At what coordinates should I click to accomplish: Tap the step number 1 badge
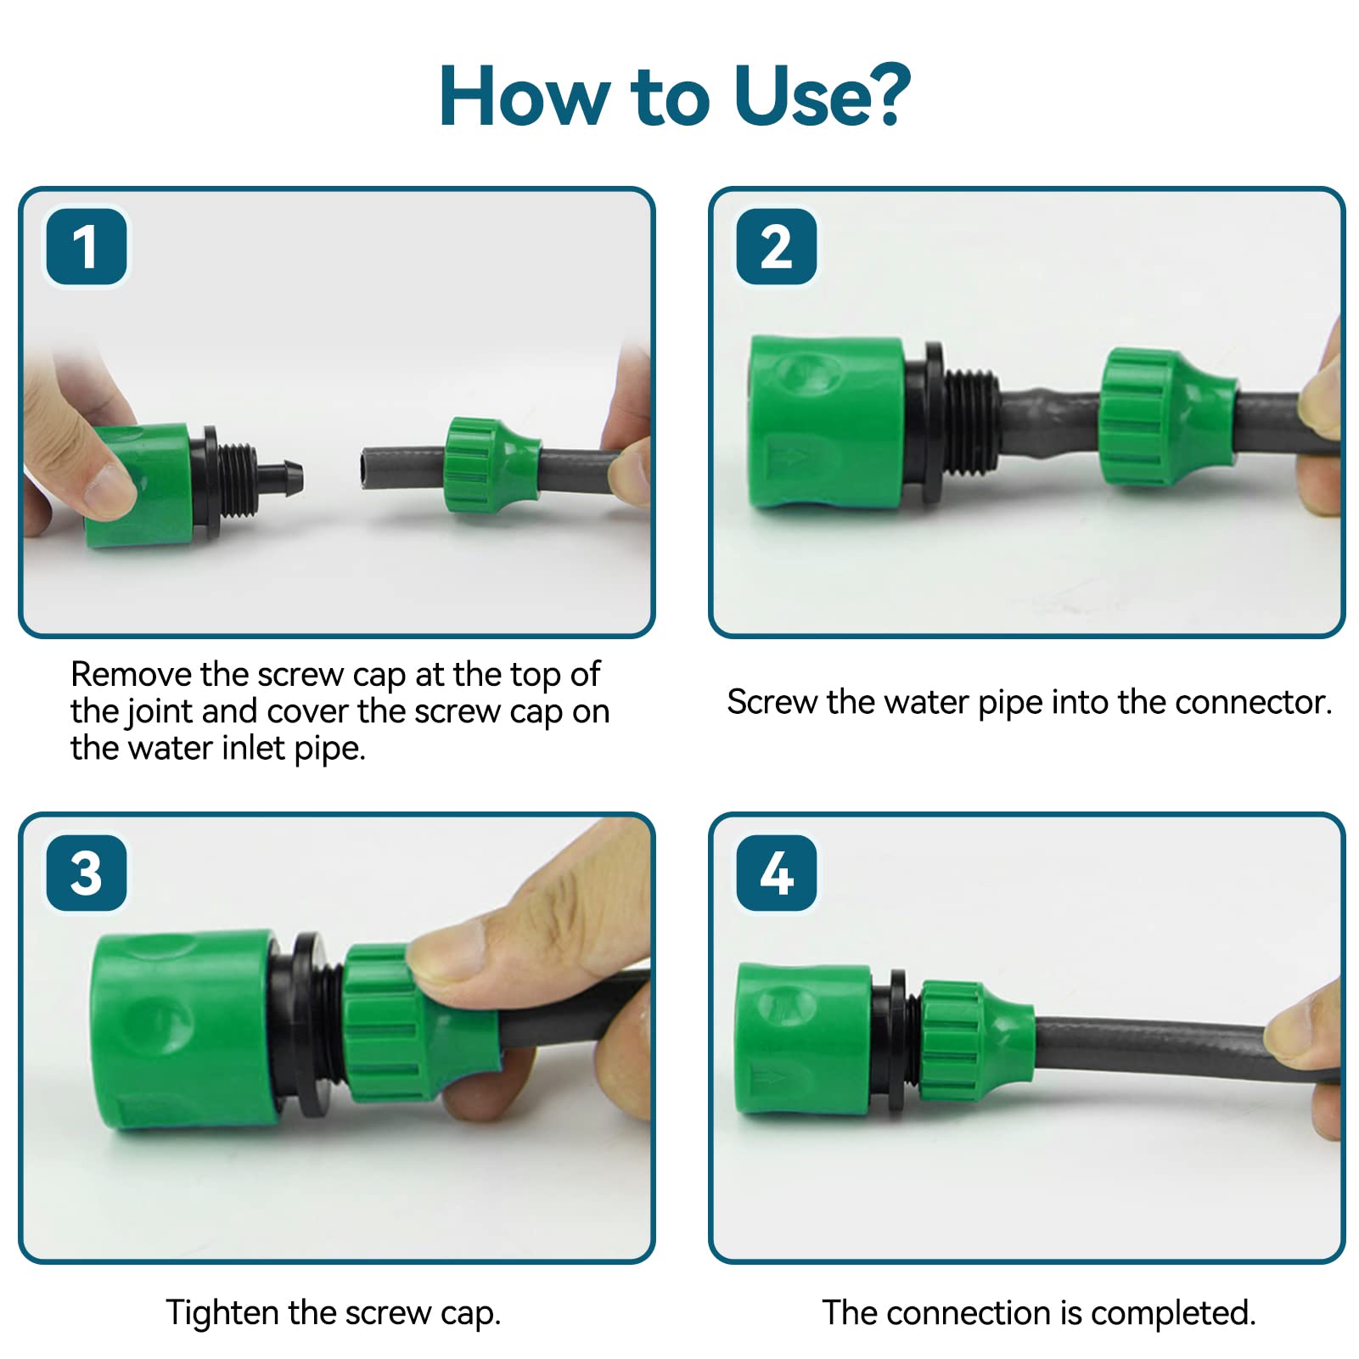click(x=87, y=247)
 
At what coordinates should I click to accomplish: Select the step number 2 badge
click(x=777, y=247)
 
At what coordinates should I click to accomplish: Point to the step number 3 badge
click(x=87, y=873)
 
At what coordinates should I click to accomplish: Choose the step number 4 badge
click(x=777, y=873)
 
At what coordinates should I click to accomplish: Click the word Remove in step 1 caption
click(x=131, y=675)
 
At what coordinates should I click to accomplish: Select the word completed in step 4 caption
click(x=1172, y=1313)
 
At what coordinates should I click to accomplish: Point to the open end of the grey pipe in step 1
click(x=367, y=468)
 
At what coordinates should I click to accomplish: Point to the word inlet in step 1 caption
click(x=255, y=748)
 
